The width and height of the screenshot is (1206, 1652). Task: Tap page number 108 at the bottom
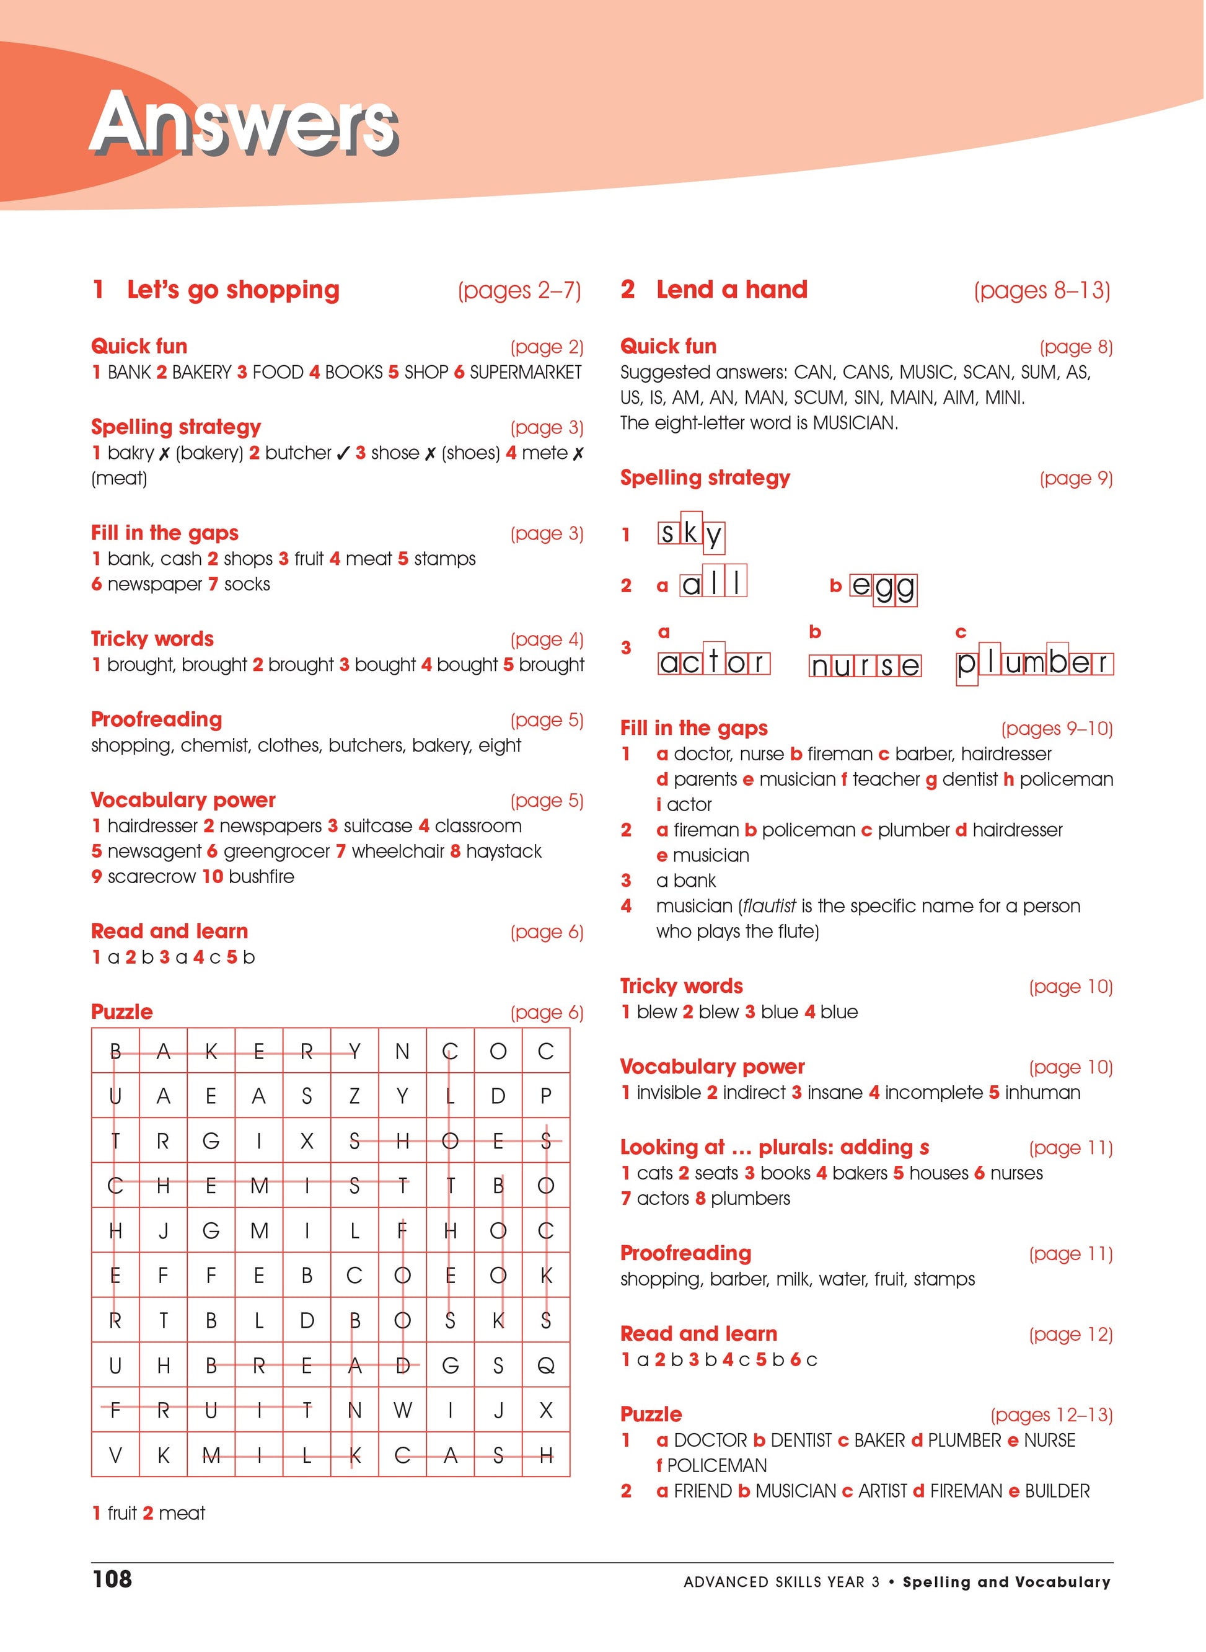[112, 1579]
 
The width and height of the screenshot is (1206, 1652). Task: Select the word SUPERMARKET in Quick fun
[525, 373]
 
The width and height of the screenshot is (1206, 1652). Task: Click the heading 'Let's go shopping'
[233, 290]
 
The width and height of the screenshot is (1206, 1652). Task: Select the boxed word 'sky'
[690, 534]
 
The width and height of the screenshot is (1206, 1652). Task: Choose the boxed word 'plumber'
[1034, 663]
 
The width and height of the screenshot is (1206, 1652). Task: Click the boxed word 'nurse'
[865, 665]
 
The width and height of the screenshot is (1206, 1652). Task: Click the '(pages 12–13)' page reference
[1051, 1415]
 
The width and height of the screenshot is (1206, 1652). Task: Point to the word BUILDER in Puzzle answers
[1057, 1491]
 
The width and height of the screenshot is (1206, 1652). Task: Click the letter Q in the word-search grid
[545, 1365]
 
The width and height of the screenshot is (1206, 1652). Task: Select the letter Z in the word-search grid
[354, 1096]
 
